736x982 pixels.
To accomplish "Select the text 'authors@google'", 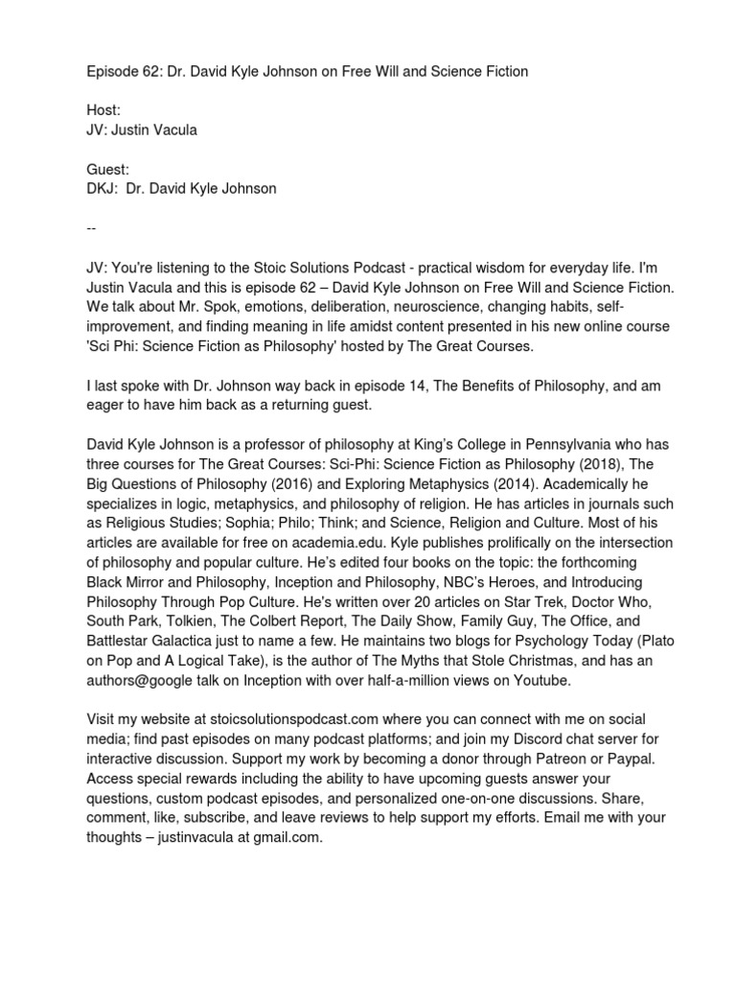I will click(x=136, y=679).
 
